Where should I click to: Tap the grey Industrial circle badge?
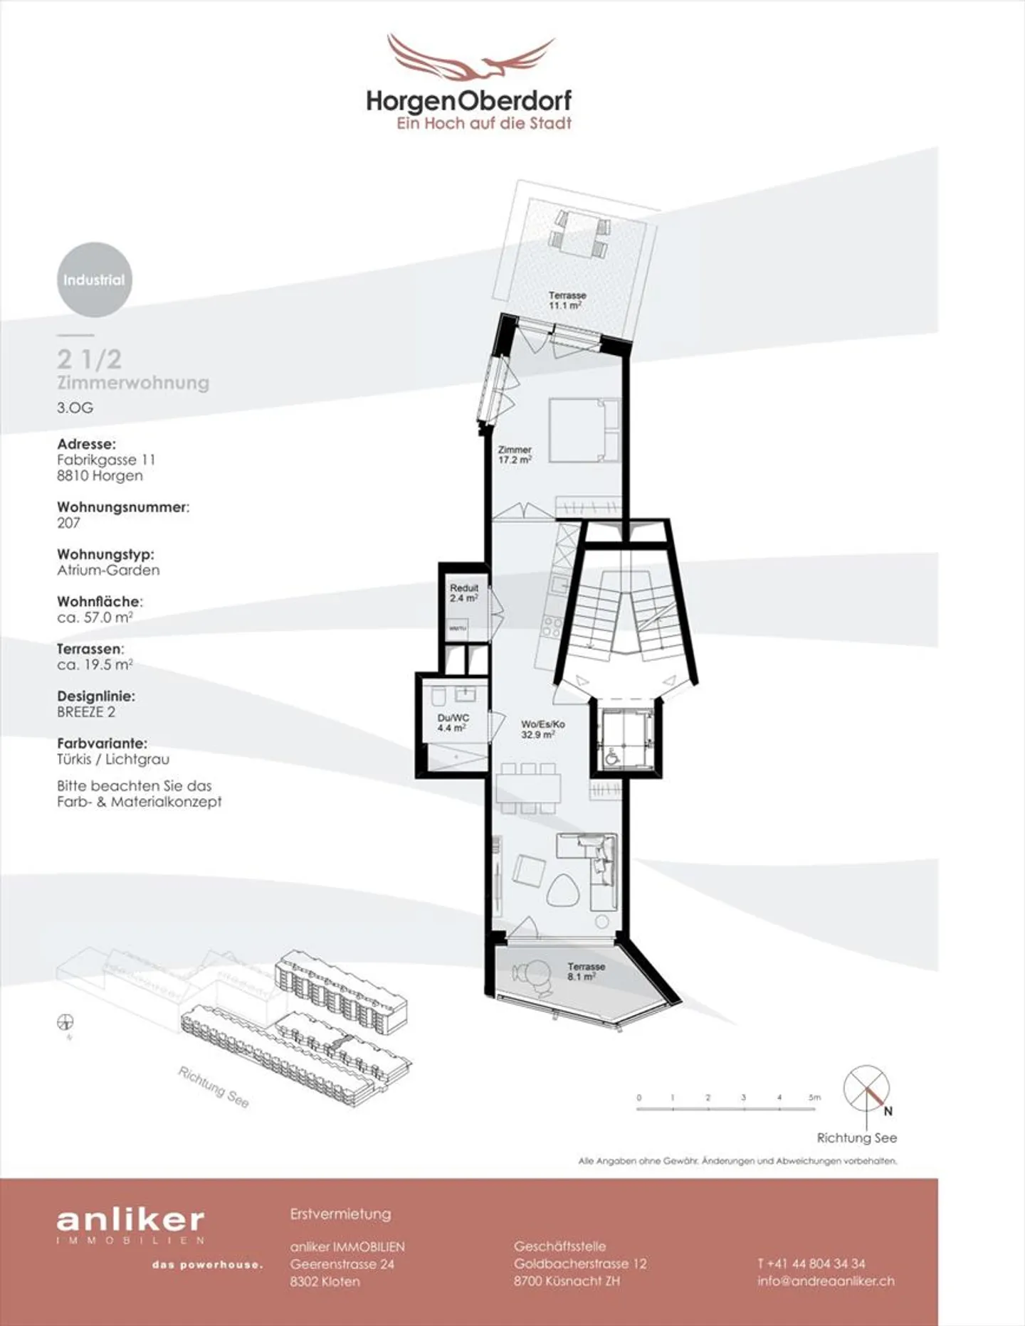click(94, 280)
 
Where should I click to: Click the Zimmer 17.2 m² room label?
click(515, 455)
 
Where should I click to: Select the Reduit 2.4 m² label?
click(463, 593)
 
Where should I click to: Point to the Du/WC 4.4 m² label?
click(453, 723)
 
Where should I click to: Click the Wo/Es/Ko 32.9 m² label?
click(542, 729)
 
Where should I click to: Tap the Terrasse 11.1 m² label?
click(567, 300)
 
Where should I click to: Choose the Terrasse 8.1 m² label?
click(586, 971)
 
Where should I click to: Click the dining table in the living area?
click(528, 789)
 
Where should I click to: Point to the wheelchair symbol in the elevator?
click(611, 758)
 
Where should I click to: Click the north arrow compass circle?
click(866, 1088)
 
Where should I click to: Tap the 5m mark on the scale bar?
click(814, 1098)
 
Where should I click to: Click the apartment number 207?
click(68, 523)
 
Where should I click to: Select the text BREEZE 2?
click(86, 712)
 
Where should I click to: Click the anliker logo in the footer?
click(130, 1221)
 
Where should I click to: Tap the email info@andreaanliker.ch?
click(826, 1281)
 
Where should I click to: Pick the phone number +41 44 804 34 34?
click(811, 1263)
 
